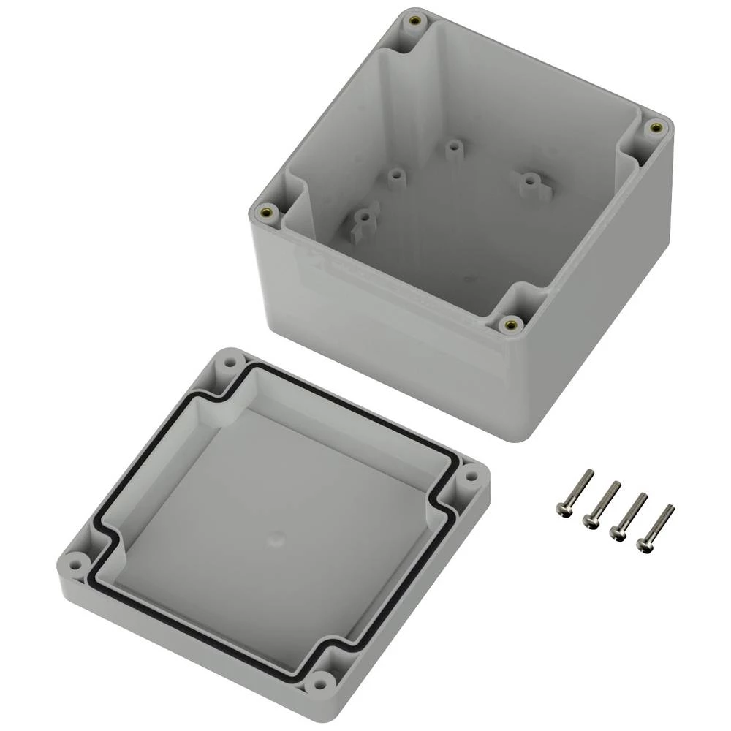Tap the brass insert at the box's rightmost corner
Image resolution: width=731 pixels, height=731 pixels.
click(x=656, y=127)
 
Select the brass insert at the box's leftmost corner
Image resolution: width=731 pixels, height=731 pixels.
click(x=265, y=212)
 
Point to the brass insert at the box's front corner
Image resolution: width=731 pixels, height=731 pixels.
click(x=510, y=323)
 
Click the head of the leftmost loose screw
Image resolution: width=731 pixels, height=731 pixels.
click(x=563, y=510)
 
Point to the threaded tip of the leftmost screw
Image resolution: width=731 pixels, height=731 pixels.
click(x=589, y=473)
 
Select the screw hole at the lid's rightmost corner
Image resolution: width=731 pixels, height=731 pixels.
click(x=470, y=476)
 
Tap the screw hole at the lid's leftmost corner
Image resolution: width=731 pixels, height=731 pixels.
click(x=72, y=564)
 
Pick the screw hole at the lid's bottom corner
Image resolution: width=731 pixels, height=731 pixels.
click(x=318, y=684)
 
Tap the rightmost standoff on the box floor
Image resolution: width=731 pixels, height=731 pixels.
click(x=529, y=180)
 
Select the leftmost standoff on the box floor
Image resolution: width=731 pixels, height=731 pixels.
click(x=362, y=218)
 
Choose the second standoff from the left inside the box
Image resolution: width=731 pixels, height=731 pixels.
click(x=396, y=176)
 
